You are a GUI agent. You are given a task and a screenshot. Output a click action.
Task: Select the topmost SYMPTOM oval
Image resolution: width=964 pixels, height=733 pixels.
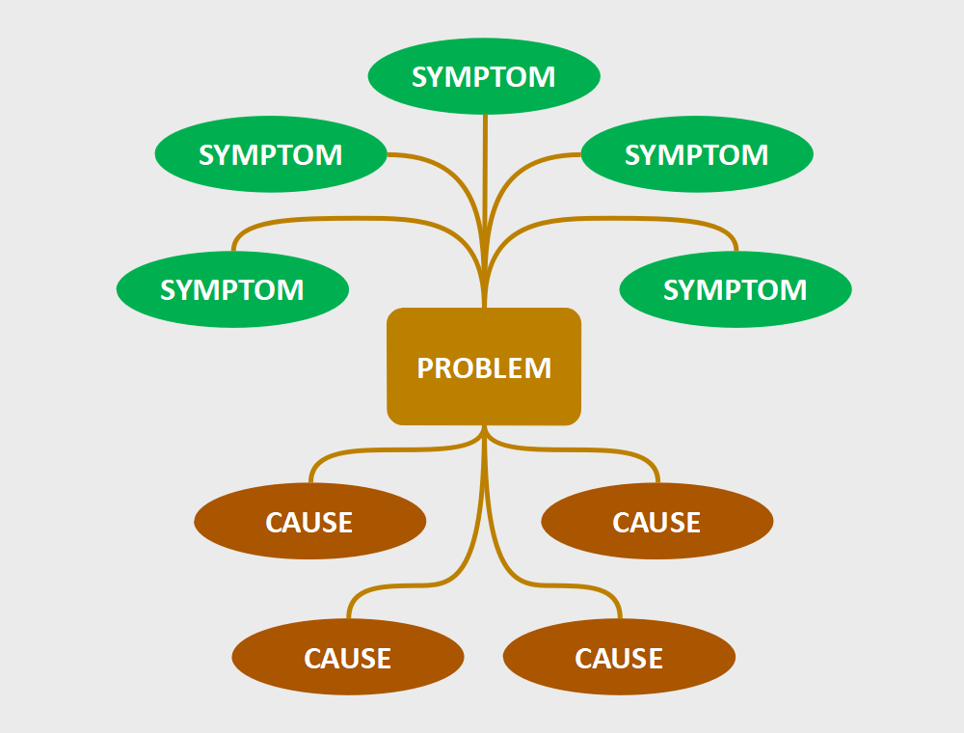coord(484,76)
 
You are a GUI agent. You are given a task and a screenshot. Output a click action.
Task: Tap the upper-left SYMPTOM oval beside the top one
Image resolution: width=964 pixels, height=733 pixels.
coord(271,154)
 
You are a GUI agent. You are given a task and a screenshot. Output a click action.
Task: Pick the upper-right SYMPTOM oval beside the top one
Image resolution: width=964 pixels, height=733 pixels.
coord(697,154)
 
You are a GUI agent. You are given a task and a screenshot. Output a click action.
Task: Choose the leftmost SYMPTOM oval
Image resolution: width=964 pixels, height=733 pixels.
coord(232,289)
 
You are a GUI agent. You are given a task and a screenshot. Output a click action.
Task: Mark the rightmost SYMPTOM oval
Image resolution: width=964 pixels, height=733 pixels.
coord(736,289)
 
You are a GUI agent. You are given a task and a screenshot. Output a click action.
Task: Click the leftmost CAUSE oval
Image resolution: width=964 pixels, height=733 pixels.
coord(309,522)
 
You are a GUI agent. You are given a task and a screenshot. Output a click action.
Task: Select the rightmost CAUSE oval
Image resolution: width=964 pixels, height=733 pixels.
coord(656,522)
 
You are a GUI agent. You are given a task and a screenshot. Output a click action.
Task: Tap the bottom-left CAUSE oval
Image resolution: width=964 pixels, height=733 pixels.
coord(348,658)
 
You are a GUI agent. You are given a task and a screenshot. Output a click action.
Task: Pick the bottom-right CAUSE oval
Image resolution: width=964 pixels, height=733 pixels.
coord(619,658)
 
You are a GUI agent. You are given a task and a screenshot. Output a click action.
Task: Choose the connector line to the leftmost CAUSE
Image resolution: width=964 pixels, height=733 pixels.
coord(386,450)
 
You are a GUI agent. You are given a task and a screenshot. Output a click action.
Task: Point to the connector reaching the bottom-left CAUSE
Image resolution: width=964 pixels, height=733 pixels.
coord(405,585)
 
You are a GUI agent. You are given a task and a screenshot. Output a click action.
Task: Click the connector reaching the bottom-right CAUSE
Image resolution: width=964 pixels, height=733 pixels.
coord(564,585)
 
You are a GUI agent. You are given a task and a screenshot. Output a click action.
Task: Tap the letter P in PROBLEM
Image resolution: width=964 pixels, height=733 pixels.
coord(424,368)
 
